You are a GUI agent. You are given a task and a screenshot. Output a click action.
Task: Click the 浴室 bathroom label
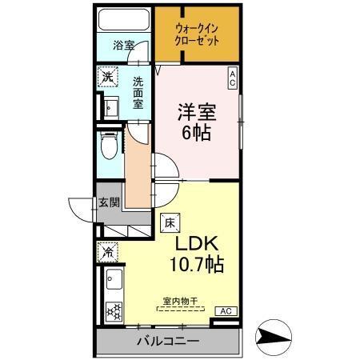coord(123,46)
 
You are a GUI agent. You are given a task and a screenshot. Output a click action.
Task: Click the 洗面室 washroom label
coord(139,92)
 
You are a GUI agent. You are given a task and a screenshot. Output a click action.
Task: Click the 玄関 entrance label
coord(109,202)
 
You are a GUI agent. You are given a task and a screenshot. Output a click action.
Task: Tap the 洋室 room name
coord(197,110)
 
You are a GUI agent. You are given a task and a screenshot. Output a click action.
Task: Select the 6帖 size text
coord(196,132)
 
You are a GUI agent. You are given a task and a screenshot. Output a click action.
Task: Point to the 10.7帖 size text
coord(194,263)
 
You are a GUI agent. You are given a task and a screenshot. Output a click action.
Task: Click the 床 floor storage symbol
coord(169,222)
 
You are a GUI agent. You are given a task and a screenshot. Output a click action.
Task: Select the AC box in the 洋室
coord(232,78)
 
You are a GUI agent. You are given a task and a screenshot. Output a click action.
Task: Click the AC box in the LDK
coord(225,310)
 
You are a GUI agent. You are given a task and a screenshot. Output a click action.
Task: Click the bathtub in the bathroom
coord(123,20)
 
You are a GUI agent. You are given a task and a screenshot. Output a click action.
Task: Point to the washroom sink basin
coord(110,106)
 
